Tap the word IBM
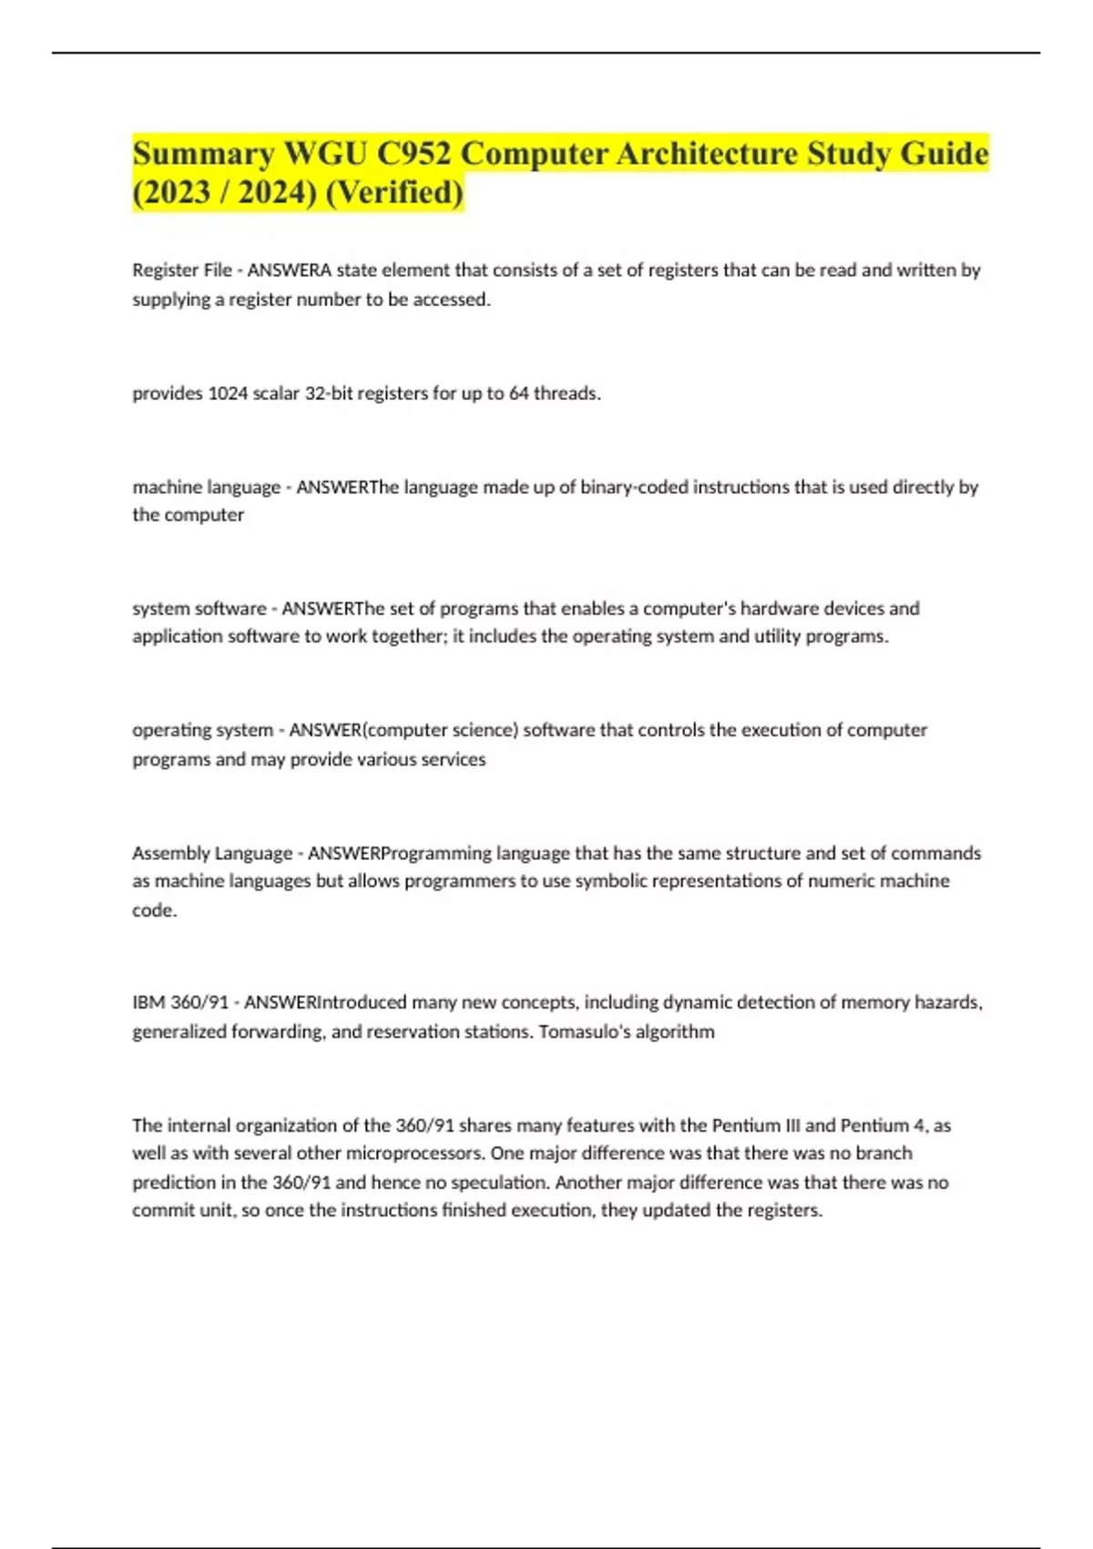pos(148,1003)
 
